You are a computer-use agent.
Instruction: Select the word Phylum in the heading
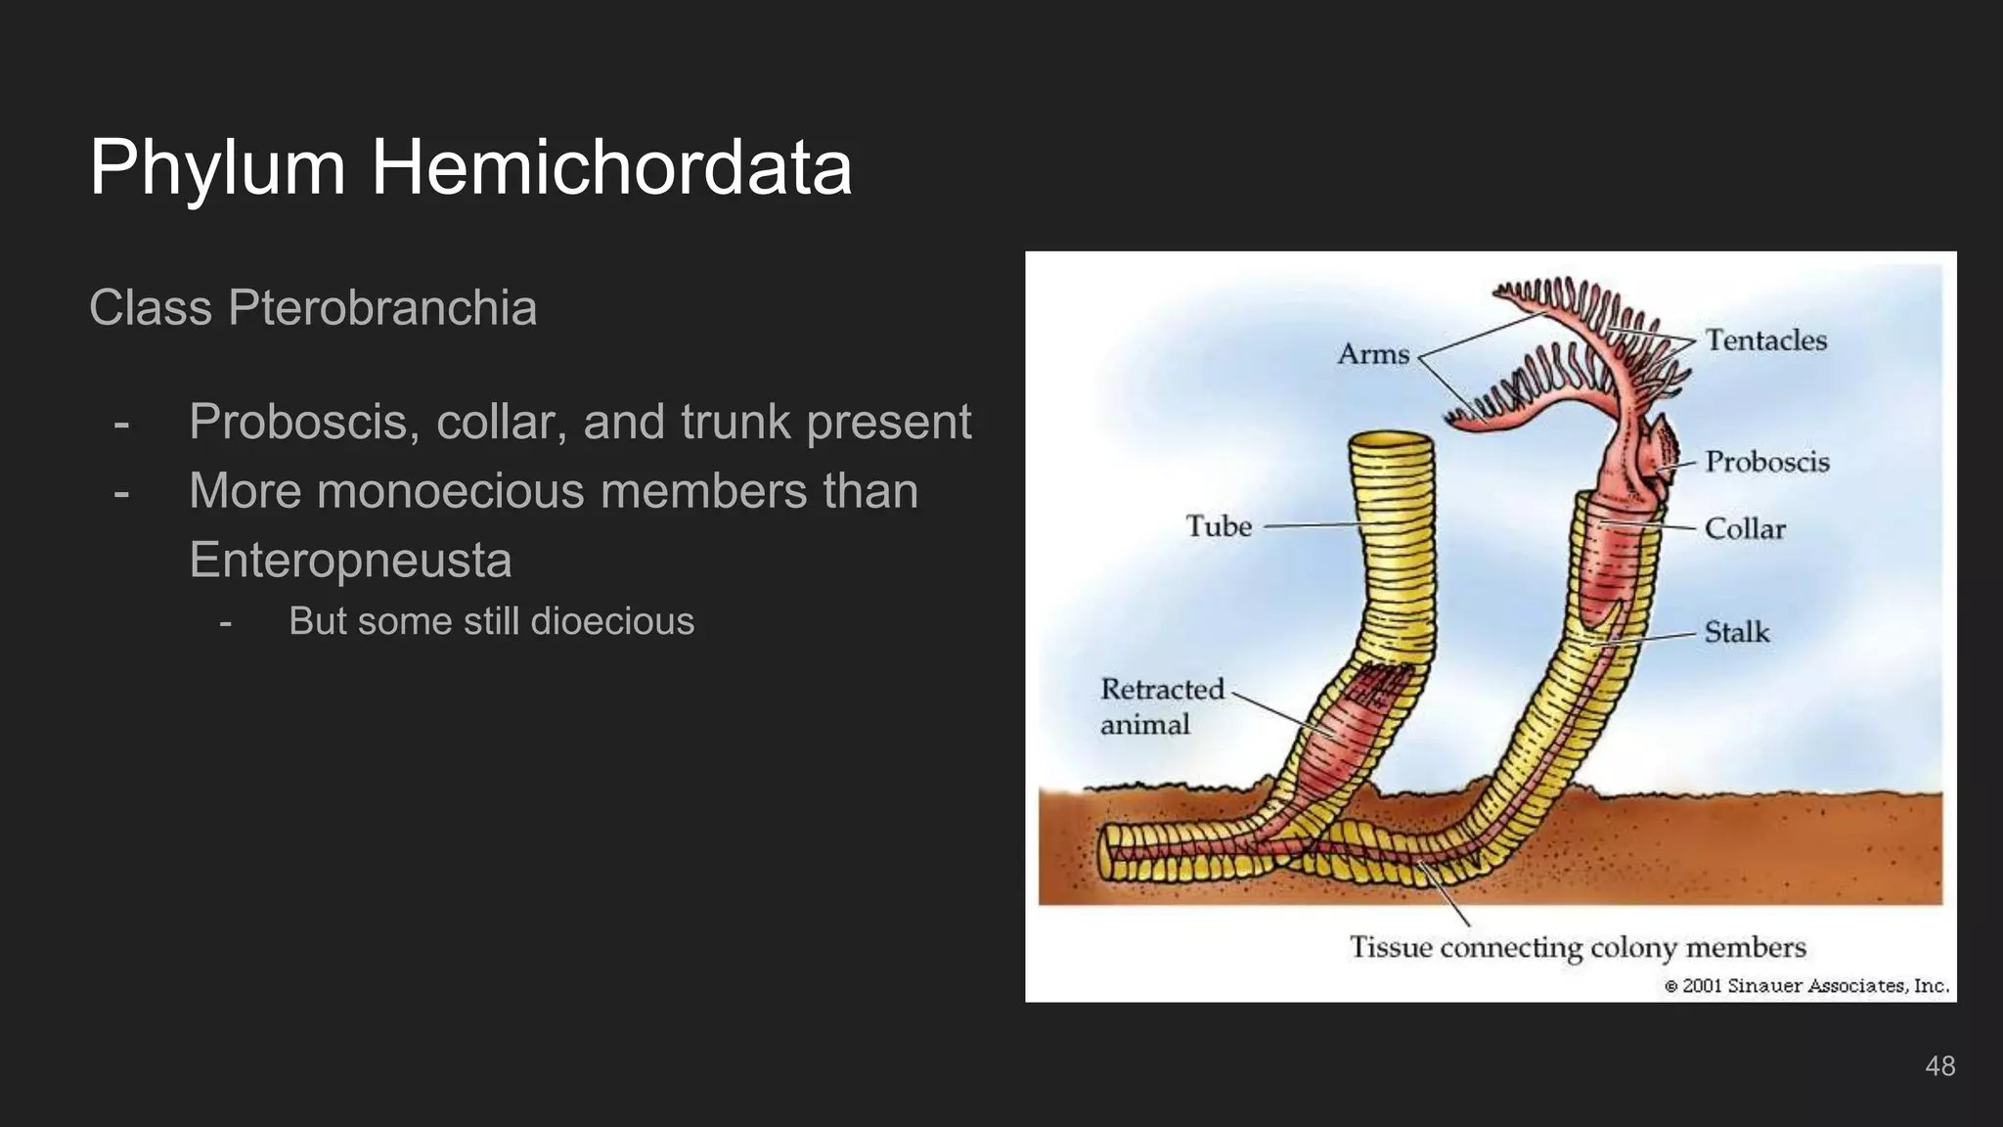coord(217,167)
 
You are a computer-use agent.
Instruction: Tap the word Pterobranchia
coord(382,308)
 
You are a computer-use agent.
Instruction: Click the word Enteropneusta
coord(350,560)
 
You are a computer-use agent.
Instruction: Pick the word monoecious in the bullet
coord(451,490)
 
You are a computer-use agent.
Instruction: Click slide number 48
coord(1939,1065)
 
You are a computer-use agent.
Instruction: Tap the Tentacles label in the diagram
coord(1766,340)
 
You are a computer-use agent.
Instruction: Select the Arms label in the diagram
coord(1373,354)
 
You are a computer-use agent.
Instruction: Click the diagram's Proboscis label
coord(1767,462)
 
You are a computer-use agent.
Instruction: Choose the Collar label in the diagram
coord(1745,529)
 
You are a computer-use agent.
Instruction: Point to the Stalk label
coord(1737,632)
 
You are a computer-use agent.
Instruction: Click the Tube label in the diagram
coord(1219,526)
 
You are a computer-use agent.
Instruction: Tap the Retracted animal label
coord(1161,706)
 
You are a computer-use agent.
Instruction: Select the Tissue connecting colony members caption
coord(1578,948)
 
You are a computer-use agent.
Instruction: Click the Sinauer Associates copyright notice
coord(1806,986)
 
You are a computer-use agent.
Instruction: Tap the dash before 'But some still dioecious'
coord(226,622)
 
